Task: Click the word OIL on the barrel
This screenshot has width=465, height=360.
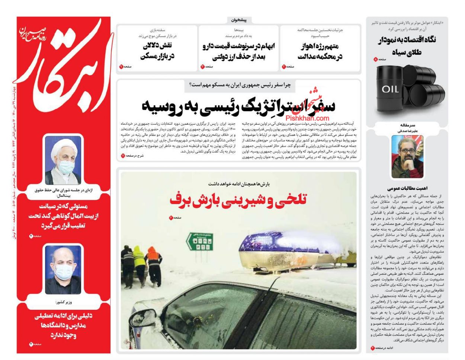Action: click(390, 89)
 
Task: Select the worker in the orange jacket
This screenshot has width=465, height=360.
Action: click(153, 261)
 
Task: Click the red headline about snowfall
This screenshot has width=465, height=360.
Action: click(238, 200)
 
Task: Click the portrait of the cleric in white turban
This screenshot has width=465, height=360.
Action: click(63, 160)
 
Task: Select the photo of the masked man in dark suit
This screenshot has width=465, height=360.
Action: click(63, 269)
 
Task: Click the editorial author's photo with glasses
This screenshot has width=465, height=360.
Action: click(407, 156)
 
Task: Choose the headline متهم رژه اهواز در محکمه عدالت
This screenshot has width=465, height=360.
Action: click(320, 51)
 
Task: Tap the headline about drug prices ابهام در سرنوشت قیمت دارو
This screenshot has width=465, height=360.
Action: click(238, 51)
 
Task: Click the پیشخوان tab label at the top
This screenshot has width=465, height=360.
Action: click(238, 20)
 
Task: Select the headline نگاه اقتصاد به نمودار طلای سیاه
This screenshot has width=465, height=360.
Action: click(407, 46)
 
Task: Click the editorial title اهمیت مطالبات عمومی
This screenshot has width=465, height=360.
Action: click(407, 188)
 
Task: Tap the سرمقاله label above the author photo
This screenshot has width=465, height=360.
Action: click(407, 125)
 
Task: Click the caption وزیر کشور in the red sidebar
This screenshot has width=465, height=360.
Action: click(63, 302)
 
